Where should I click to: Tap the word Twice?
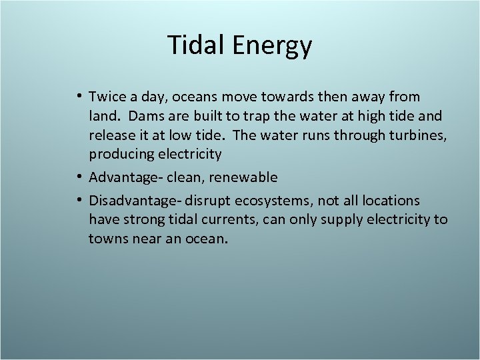pos(109,97)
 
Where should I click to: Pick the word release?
pos(113,135)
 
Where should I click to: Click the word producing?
pos(121,155)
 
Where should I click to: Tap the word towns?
pos(109,238)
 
